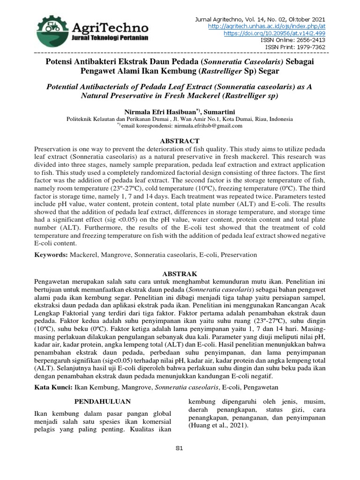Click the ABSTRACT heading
[180, 141]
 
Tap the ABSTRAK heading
[180, 273]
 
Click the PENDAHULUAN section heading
[103, 402]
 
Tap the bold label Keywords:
[52, 255]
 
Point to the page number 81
[180, 448]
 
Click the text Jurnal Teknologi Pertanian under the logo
[111, 37]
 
